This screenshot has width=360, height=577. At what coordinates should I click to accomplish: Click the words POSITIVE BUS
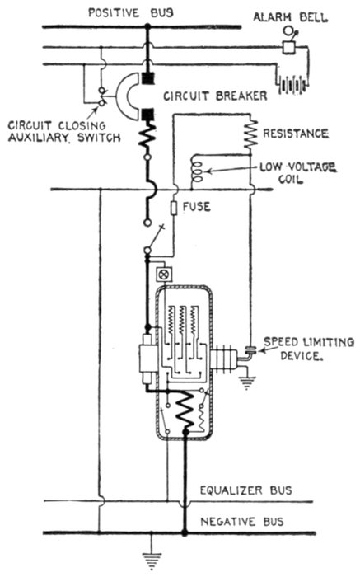(x=130, y=13)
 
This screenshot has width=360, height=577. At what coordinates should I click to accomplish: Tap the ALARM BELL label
(x=290, y=17)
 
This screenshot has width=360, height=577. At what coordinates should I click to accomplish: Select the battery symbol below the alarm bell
(x=292, y=85)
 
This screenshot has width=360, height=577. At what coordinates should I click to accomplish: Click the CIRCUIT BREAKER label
(x=215, y=96)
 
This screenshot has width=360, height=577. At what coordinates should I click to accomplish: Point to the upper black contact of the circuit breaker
(x=147, y=78)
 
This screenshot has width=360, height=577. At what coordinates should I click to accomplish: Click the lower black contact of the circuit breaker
(x=147, y=115)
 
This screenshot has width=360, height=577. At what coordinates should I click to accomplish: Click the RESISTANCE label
(x=295, y=134)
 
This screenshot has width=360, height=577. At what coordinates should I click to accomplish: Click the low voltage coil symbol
(x=196, y=169)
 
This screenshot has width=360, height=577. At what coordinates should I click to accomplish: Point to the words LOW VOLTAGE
(x=298, y=167)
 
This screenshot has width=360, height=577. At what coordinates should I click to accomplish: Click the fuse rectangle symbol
(x=175, y=208)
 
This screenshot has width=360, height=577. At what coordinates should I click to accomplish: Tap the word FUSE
(x=197, y=207)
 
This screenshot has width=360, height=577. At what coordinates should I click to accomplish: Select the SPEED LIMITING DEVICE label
(x=309, y=349)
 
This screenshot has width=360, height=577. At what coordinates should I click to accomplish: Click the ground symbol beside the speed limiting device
(x=247, y=382)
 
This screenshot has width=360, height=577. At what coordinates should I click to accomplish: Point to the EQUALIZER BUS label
(x=245, y=490)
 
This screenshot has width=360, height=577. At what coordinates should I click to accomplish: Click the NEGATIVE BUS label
(x=241, y=522)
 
